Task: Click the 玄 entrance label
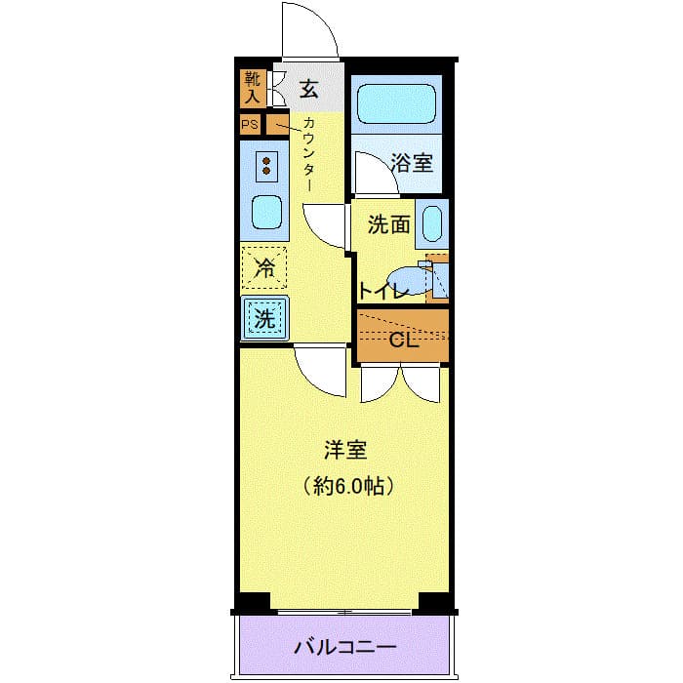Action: coord(308,89)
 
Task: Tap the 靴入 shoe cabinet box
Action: coord(251,89)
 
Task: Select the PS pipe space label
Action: coord(251,125)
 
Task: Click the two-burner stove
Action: coord(264,166)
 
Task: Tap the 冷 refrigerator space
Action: coord(264,267)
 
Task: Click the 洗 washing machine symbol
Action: coord(264,317)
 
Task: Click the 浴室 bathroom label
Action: coord(412,163)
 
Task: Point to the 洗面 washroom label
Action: coord(387,224)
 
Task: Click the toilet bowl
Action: coord(409,280)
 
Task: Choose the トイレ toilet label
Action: coord(381,290)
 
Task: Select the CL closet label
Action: coord(403,341)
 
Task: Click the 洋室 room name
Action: coord(345,450)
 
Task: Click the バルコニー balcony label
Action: coord(346,648)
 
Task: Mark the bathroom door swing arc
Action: coord(369,174)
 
